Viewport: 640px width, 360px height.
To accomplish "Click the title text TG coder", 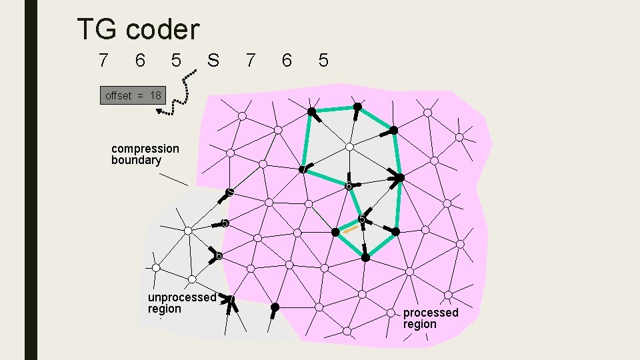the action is pos(138,29).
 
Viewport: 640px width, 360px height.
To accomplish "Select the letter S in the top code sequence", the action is pos(213,61).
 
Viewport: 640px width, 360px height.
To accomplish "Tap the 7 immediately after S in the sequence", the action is pos(250,61).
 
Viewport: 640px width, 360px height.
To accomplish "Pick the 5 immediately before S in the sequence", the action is pos(175,61).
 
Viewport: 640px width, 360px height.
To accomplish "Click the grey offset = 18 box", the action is pos(133,96).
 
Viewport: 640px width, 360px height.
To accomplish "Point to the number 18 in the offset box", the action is pos(155,96).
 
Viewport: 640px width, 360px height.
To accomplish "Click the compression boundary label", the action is pos(145,154).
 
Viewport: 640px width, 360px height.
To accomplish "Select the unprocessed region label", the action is pos(181,303).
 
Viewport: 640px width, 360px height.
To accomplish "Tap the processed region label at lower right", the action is pos(431,318).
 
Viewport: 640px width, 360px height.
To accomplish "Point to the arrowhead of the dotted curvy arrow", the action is pos(161,111).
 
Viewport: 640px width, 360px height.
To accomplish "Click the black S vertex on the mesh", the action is pos(229,193).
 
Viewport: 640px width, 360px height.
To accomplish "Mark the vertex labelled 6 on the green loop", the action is pos(348,185).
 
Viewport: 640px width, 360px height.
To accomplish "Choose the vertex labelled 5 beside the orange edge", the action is pos(361,219).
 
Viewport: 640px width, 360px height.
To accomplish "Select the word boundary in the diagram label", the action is pos(137,160).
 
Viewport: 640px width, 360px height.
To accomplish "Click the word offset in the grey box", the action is pos(118,96).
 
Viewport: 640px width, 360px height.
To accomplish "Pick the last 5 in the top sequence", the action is pos(323,61).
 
